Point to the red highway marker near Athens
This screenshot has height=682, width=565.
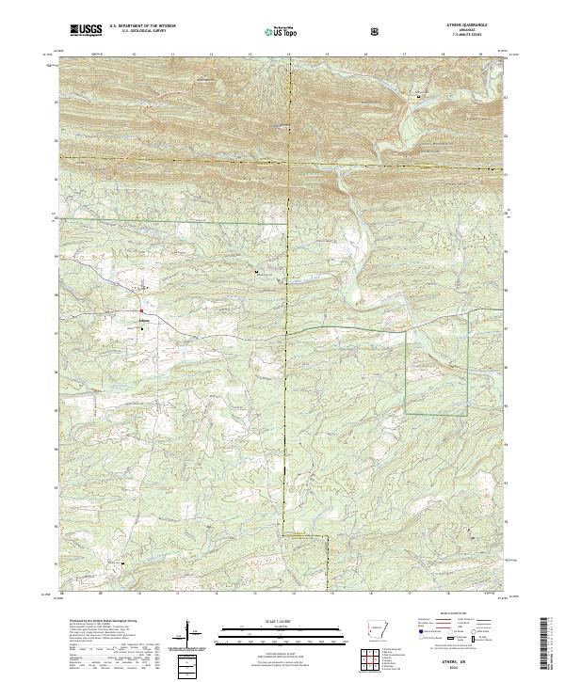(x=141, y=310)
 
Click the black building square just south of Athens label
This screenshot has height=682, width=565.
(x=142, y=327)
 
